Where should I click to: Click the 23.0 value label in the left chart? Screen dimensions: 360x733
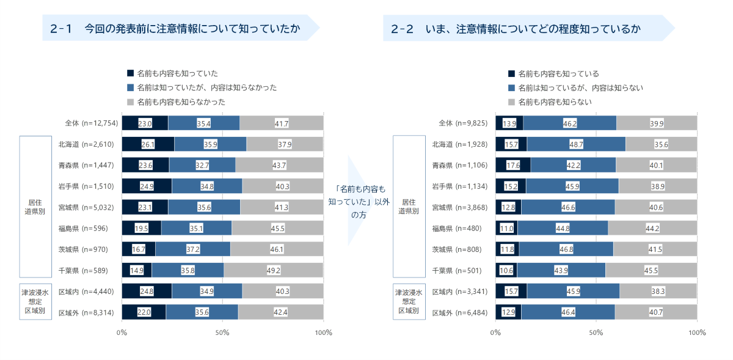(x=145, y=123)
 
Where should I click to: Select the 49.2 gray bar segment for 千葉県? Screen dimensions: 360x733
(x=273, y=270)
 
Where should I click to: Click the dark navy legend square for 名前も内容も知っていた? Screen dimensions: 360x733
(x=129, y=73)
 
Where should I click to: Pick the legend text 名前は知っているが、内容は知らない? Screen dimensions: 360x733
(x=580, y=88)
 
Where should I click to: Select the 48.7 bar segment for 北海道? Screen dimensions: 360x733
(x=576, y=144)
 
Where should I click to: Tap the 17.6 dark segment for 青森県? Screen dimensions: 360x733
(x=512, y=165)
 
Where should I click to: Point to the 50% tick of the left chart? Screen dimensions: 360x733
(x=222, y=332)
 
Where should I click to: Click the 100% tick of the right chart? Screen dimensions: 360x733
(x=697, y=332)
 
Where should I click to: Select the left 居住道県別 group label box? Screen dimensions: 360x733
(x=35, y=207)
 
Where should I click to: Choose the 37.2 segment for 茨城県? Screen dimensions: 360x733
(x=192, y=249)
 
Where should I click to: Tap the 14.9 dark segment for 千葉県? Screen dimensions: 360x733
(x=136, y=270)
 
